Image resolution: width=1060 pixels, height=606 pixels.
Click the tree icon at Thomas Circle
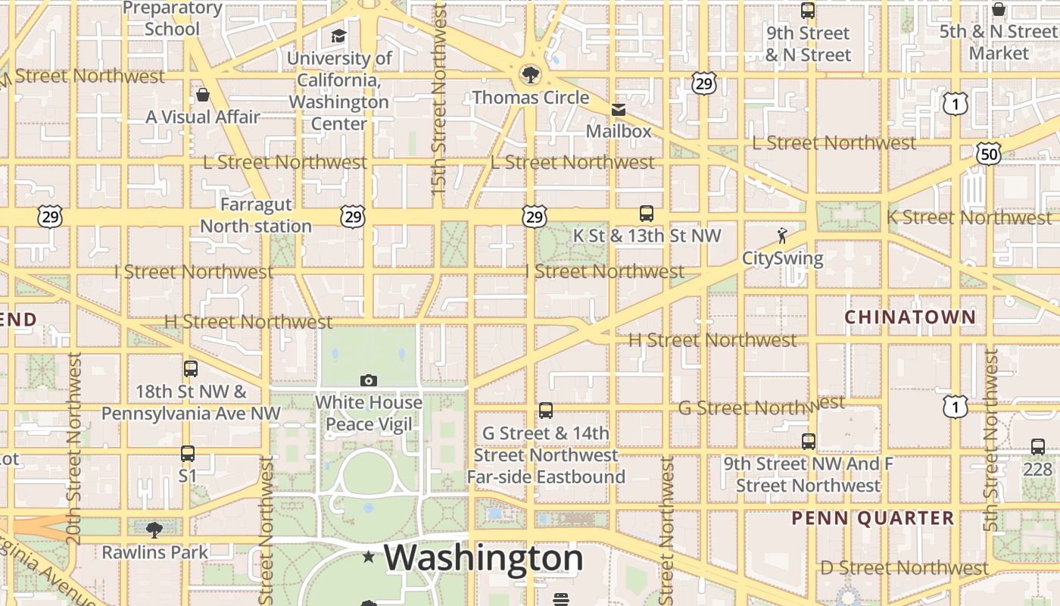(530, 74)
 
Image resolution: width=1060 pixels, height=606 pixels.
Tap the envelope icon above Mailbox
(619, 110)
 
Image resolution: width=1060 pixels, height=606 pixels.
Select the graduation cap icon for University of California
(338, 36)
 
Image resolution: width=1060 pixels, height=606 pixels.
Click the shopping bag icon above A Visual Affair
(202, 95)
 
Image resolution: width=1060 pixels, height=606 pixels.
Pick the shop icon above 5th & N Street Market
(999, 9)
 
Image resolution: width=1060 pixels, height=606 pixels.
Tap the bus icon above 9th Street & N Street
(808, 11)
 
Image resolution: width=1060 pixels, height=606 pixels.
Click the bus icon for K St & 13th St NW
(647, 214)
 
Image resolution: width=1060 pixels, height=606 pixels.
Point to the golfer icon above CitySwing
(782, 236)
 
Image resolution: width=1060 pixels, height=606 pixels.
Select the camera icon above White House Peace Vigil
(369, 380)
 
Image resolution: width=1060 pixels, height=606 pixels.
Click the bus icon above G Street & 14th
(546, 411)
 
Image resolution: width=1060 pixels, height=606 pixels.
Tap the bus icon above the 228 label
(1038, 447)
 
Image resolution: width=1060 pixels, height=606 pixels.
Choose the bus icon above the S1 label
(188, 454)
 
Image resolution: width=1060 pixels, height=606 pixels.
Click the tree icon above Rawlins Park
(154, 529)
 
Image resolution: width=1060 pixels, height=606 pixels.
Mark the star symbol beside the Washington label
(369, 558)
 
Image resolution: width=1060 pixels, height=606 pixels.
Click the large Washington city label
(484, 558)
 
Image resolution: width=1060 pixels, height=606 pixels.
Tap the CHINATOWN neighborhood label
(910, 317)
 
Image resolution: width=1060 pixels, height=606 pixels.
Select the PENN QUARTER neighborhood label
(873, 518)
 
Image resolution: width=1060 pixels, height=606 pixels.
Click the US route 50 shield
(989, 155)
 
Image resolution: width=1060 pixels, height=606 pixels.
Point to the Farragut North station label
(256, 215)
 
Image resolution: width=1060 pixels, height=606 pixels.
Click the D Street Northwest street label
(905, 567)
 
